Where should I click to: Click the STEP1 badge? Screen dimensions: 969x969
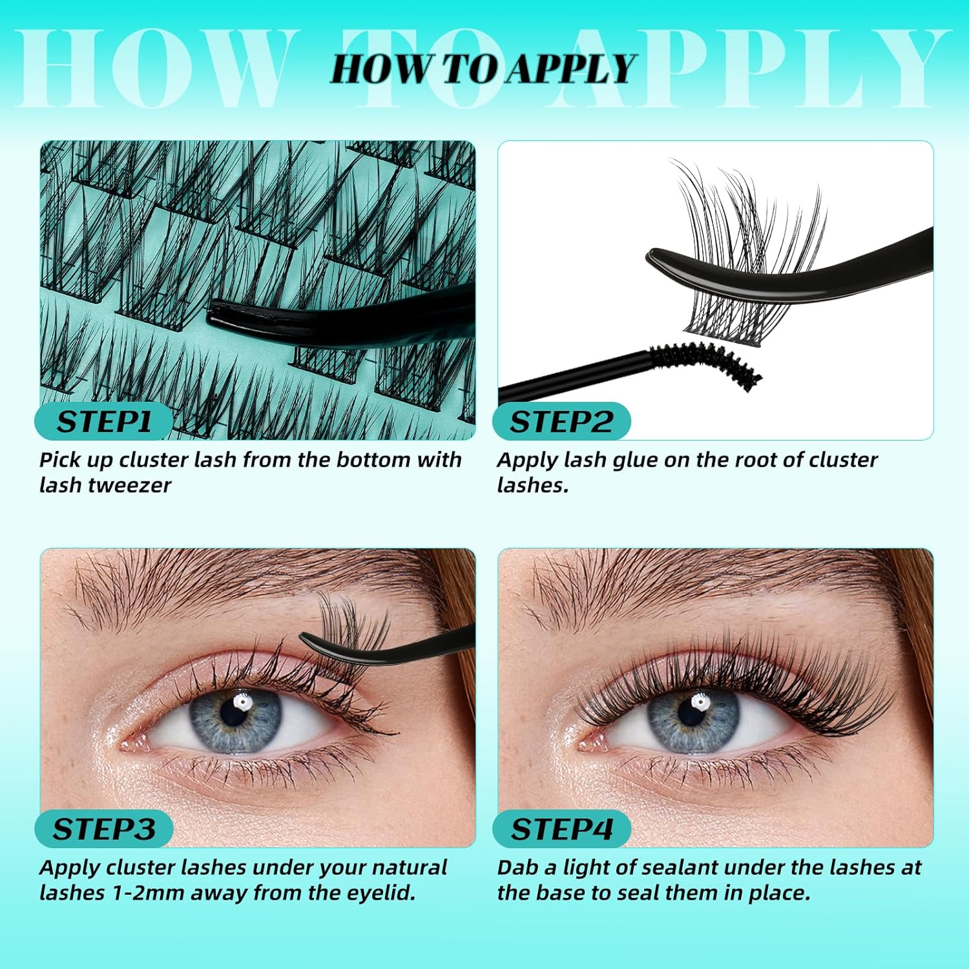point(103,422)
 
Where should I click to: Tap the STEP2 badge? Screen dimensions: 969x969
point(561,422)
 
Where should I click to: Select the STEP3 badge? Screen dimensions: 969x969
point(103,829)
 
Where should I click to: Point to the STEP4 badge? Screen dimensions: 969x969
point(561,829)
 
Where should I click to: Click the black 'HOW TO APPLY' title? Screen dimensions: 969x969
point(484,69)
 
